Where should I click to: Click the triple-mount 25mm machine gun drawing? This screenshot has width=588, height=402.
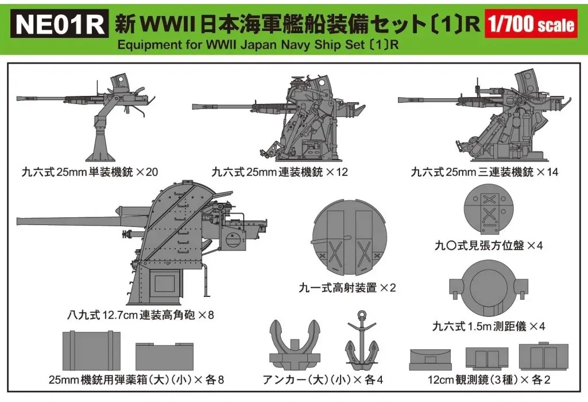point(494,121)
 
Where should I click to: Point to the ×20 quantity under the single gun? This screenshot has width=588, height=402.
point(145,172)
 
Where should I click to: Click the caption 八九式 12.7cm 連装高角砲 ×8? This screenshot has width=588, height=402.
point(133,314)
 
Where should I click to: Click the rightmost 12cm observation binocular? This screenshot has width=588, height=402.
point(539,355)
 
